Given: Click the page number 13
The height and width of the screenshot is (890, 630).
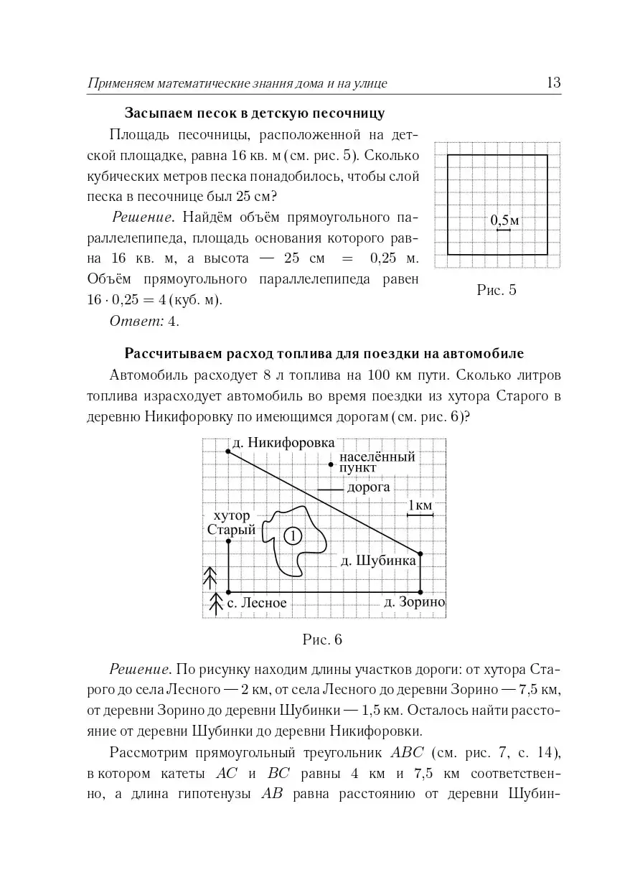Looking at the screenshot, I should tap(553, 83).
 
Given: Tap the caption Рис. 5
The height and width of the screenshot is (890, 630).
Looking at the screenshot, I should tap(496, 290).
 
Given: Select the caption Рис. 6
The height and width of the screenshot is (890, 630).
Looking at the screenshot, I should tap(322, 639).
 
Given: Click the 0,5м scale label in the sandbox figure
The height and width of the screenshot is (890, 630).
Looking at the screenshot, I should tap(504, 220).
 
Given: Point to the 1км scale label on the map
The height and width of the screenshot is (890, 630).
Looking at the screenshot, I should tap(420, 505).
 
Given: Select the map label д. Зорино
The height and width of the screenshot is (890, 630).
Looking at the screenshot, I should tap(414, 601).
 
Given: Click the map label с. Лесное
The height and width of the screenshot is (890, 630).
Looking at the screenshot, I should tap(256, 603).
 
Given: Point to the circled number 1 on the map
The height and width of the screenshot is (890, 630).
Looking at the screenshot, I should tap(292, 535).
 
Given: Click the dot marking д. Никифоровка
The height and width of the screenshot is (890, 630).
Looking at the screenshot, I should tap(228, 451).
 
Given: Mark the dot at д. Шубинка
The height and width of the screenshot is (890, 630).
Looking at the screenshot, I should tap(420, 553).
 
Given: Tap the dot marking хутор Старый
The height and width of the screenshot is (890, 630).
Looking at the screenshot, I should tap(228, 540).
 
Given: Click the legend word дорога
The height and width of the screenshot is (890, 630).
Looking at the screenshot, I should tap(368, 487).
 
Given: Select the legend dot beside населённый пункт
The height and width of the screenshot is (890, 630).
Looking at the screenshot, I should tap(330, 464).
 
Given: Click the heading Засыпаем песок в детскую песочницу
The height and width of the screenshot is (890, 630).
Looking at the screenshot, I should tap(255, 113).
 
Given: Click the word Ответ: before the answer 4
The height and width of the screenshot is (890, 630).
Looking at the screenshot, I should tap(136, 321).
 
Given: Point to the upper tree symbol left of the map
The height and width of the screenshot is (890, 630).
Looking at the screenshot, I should tap(210, 574).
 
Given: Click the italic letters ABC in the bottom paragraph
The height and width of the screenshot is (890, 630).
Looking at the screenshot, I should tap(408, 753).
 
